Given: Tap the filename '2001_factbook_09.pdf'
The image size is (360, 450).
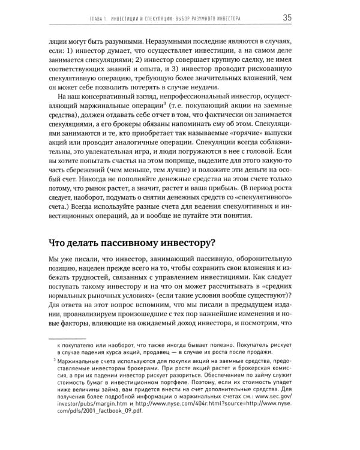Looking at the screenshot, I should pyautogui.click(x=100, y=431).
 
